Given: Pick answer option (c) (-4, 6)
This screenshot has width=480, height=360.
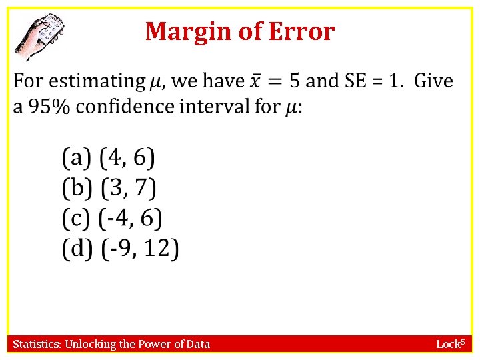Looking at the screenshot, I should (x=112, y=219).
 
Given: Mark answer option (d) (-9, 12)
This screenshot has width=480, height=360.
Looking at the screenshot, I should (x=121, y=249).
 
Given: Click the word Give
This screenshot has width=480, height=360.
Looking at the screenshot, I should (x=433, y=81).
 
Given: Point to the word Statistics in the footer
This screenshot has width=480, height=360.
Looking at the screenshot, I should (x=37, y=344).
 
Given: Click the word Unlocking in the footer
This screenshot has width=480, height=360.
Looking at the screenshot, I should (x=90, y=344).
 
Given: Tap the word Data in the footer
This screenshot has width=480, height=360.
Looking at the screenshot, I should (x=197, y=344).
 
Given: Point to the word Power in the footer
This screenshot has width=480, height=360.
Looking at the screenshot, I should (x=155, y=344).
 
